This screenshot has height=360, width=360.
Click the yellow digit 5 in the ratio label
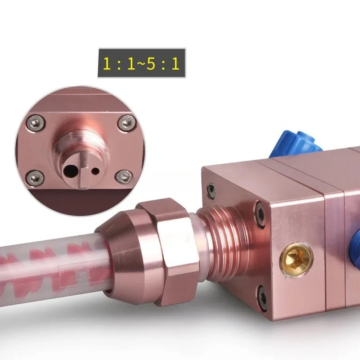pos(151,63)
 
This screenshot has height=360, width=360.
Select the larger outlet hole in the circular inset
pos(71,171)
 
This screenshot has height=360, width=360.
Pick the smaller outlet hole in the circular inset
pos(95,171)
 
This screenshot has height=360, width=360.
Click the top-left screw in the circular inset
pos(36,123)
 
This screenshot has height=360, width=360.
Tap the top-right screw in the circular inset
pos(126,123)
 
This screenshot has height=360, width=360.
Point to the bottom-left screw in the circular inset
pos(35,178)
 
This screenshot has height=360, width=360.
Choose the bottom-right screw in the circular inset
pos(124,177)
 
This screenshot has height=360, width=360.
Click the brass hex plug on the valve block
pos(296,259)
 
